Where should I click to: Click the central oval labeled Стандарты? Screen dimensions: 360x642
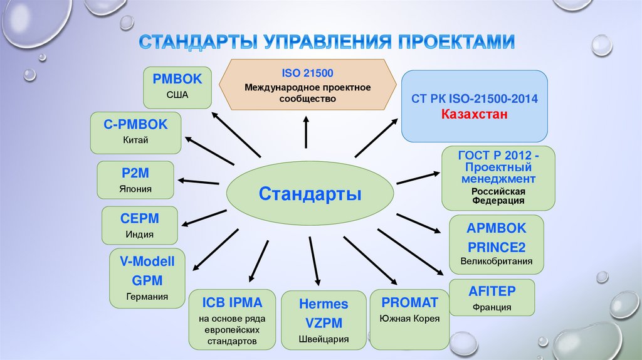310,193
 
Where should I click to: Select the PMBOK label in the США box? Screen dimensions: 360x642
177,80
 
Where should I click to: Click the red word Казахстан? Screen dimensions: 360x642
474,115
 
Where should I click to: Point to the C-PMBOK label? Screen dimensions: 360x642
135,124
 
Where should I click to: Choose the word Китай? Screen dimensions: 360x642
135,140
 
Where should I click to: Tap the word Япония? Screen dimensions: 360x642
135,188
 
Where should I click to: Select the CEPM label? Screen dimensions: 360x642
139,219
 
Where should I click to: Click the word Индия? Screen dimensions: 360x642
139,235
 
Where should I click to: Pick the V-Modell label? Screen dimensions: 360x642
147,261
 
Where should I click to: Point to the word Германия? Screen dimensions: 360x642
147,296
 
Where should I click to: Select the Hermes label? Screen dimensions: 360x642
323,304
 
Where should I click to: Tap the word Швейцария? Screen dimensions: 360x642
323,340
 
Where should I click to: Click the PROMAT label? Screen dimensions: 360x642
409,302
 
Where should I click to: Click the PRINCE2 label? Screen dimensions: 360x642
497,245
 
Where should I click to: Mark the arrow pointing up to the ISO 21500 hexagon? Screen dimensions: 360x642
306,133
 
